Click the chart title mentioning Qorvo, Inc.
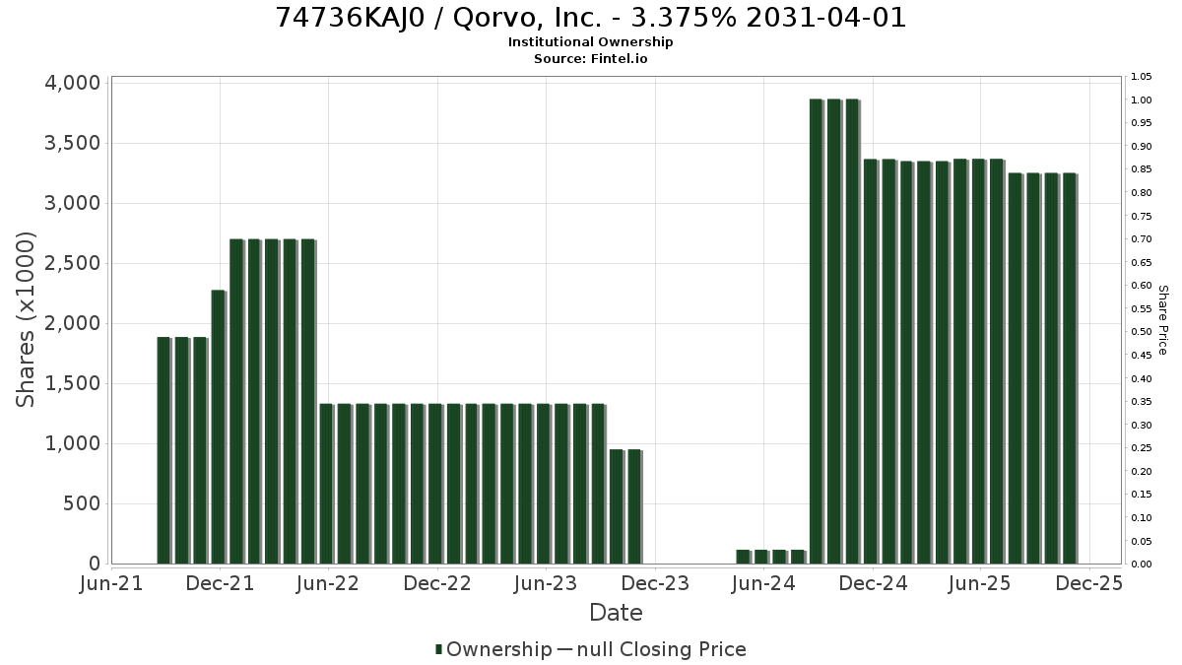[x=590, y=18]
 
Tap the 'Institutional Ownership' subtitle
[x=590, y=42]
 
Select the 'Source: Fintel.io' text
[x=590, y=58]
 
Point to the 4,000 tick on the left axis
[x=72, y=84]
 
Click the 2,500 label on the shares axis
[x=72, y=263]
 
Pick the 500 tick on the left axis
[x=82, y=503]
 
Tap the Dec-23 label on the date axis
[x=655, y=583]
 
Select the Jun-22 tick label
[x=328, y=583]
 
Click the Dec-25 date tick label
[x=1089, y=583]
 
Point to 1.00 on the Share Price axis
[x=1141, y=100]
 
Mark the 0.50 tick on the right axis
[x=1141, y=332]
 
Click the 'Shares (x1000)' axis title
[x=25, y=320]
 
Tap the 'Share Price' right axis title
[x=1163, y=320]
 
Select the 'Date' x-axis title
[x=616, y=613]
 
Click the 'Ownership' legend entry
[x=492, y=649]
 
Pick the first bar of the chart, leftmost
[x=164, y=450]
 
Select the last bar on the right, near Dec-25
[x=1070, y=368]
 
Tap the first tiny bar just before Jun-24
[x=744, y=557]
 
